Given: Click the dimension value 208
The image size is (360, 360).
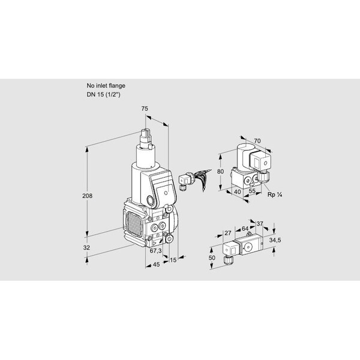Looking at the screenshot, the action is (x=87, y=196).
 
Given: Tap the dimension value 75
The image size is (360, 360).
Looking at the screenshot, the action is (x=145, y=109).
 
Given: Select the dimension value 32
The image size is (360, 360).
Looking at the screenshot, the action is (x=86, y=248).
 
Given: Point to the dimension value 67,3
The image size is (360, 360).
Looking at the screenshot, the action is (x=155, y=251).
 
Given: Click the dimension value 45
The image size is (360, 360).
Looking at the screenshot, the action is (x=156, y=265).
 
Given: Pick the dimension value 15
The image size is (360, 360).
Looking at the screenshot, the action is (x=173, y=260).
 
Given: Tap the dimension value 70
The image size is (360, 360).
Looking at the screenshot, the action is (x=257, y=141).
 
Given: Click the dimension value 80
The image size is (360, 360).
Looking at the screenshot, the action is (x=220, y=172).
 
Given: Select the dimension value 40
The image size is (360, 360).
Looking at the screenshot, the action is (x=237, y=191).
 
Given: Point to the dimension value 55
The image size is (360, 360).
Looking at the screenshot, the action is (x=252, y=191).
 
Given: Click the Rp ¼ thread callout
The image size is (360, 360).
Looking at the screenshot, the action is (x=275, y=195).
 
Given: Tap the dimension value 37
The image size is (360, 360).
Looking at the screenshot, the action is (x=260, y=224).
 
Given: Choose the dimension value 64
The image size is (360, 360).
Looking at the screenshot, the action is (x=245, y=229).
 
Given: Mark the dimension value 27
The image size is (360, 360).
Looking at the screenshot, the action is (x=228, y=233).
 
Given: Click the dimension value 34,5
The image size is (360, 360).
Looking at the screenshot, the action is (x=275, y=241).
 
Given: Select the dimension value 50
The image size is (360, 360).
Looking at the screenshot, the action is (x=212, y=258).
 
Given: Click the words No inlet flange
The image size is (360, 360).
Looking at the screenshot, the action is (x=106, y=86).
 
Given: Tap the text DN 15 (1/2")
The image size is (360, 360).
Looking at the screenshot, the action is (x=103, y=94).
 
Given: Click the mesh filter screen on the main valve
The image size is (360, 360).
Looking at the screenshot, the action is (x=134, y=224).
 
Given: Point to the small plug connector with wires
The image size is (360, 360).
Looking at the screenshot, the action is (x=194, y=178).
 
